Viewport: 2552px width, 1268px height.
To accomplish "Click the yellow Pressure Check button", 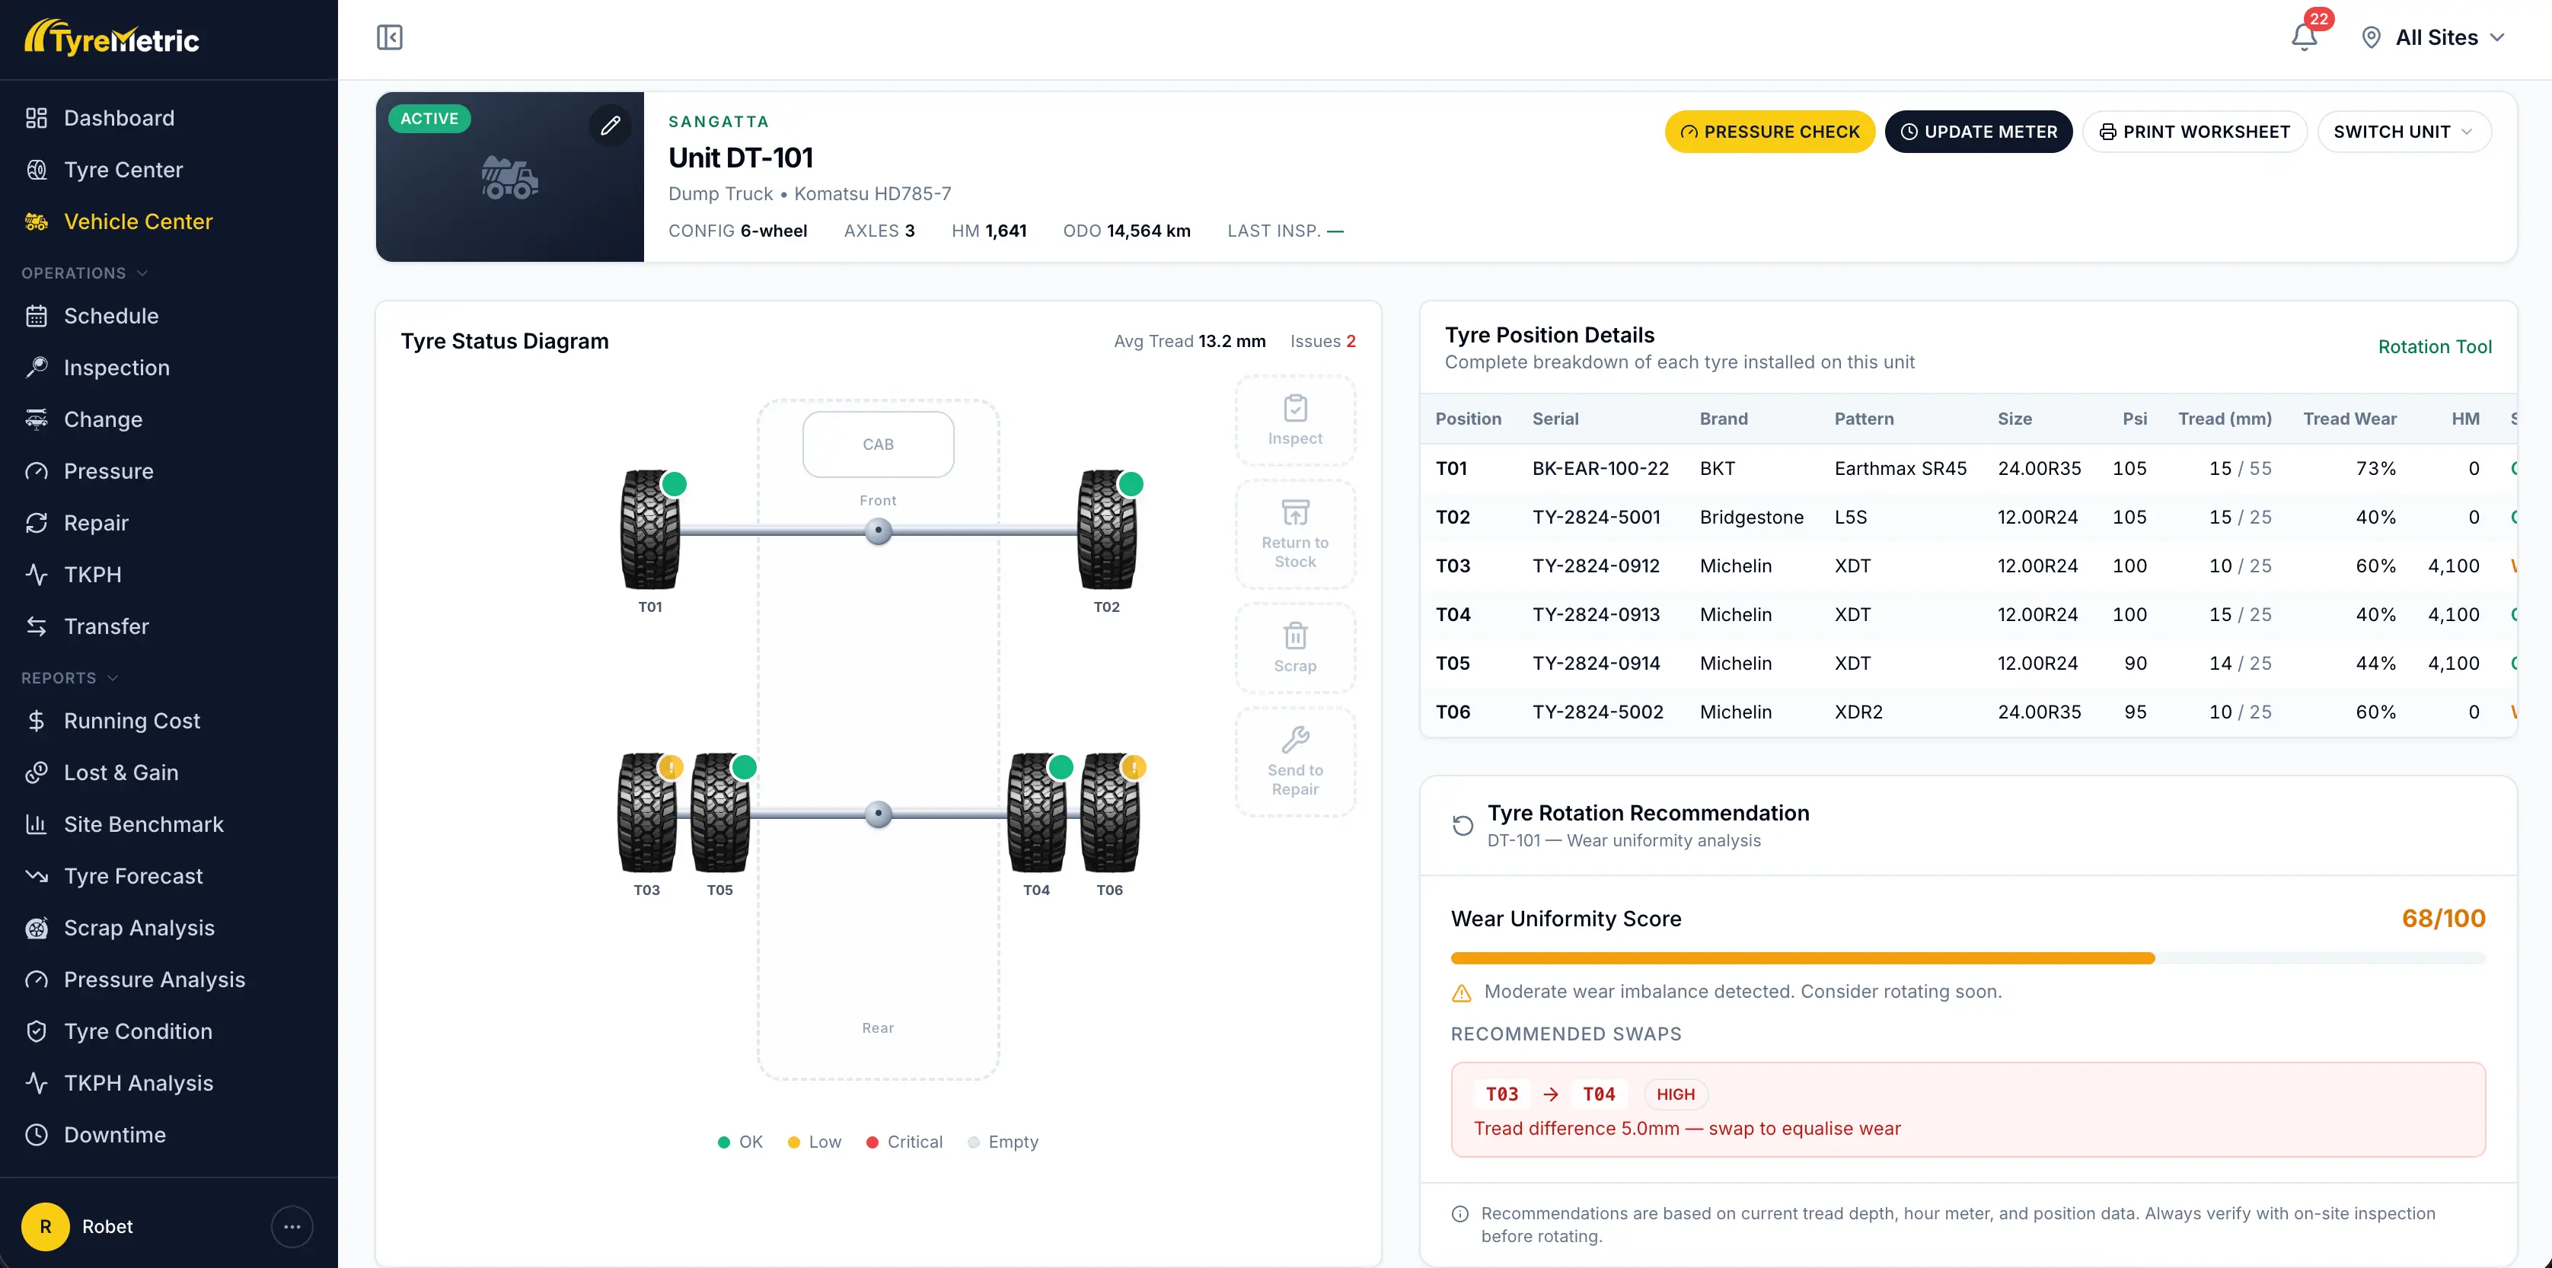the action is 1769,132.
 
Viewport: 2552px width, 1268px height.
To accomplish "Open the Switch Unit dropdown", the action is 2404,132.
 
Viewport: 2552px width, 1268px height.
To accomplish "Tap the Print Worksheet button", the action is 2194,132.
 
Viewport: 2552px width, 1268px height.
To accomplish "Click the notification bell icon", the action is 2305,37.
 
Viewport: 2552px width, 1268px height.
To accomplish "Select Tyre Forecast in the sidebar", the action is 132,876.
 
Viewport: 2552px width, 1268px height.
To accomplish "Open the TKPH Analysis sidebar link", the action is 138,1083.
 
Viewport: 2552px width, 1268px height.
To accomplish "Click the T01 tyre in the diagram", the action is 650,530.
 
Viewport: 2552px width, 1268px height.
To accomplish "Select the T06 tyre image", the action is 1109,814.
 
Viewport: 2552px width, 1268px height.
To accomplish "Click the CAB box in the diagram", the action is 878,444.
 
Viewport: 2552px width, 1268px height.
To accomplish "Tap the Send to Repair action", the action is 1295,762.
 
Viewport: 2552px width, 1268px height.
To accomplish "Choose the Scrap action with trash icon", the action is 1295,648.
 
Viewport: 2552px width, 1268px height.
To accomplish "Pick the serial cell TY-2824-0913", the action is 1595,614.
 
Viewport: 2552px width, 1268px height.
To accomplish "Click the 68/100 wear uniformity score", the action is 2443,919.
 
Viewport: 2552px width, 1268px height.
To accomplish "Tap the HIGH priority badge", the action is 1675,1094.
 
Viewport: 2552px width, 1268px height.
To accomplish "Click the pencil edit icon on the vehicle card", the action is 611,125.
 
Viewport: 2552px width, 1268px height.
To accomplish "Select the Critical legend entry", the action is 904,1142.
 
